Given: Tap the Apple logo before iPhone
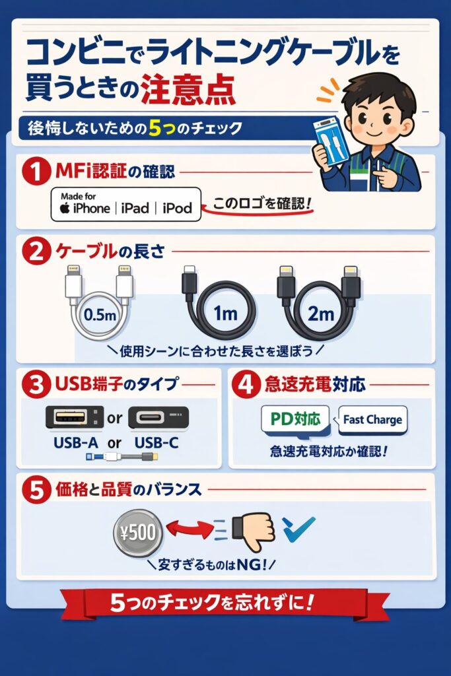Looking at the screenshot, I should tap(64, 209).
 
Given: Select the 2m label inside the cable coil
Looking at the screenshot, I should tap(321, 314).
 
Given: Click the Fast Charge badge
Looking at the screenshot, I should tap(372, 419).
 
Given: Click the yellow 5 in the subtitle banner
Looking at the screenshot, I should tap(156, 129).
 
